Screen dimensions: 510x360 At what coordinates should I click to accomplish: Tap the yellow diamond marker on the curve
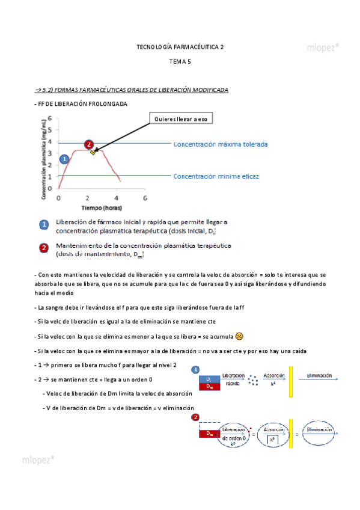pyautogui.click(x=93, y=152)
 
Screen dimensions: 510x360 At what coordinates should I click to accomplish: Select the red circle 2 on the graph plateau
pyautogui.click(x=89, y=144)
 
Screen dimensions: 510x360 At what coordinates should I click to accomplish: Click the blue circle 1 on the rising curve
pyautogui.click(x=64, y=159)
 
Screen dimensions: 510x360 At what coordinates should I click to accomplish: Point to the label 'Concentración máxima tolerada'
pyautogui.click(x=221, y=144)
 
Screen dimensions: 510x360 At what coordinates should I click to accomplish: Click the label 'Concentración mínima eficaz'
pyautogui.click(x=216, y=176)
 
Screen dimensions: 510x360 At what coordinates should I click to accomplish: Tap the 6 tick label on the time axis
pyautogui.click(x=145, y=198)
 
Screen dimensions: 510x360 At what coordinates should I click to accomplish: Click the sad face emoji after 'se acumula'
pyautogui.click(x=239, y=336)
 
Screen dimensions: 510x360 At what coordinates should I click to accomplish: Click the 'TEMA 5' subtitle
pyautogui.click(x=180, y=61)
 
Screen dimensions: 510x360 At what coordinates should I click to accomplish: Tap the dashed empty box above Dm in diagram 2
pyautogui.click(x=209, y=425)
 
